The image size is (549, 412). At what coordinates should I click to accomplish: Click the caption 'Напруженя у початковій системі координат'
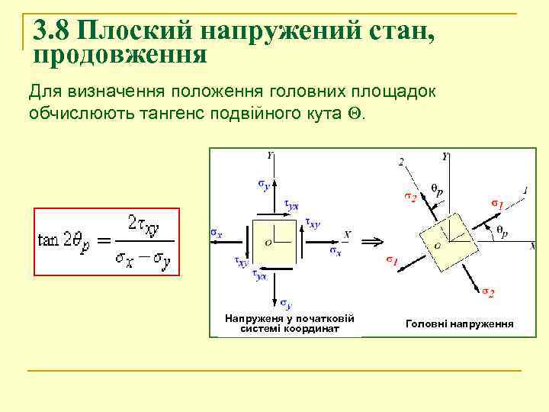(x=290, y=323)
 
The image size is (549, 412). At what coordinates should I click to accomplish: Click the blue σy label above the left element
(x=263, y=184)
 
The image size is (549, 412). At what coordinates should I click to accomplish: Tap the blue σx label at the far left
(x=217, y=233)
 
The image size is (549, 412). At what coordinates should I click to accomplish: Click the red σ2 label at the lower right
(x=488, y=292)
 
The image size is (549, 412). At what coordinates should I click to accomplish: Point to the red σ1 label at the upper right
(x=496, y=204)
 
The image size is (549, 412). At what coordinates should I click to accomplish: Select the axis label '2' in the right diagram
(x=402, y=162)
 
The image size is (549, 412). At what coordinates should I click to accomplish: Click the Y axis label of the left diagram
(x=271, y=155)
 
